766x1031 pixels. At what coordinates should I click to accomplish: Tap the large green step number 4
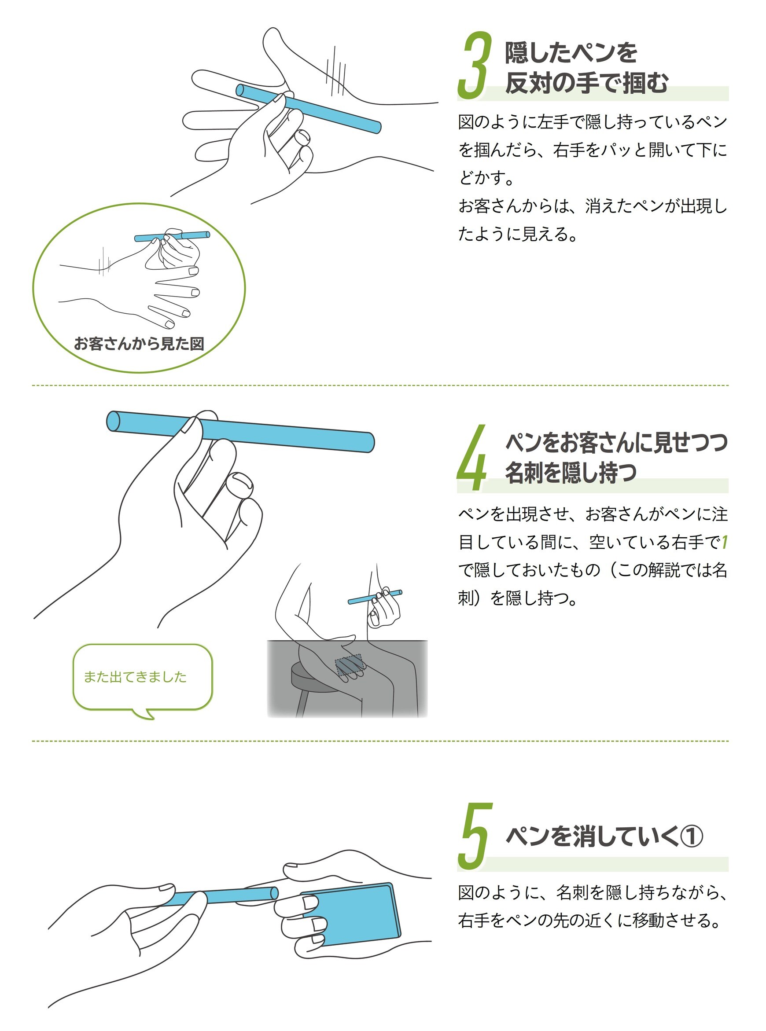pos(472,457)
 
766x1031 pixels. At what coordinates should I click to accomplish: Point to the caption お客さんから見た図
pos(139,344)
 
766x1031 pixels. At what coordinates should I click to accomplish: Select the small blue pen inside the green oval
pos(172,237)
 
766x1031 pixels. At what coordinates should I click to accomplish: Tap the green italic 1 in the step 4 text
pos(724,542)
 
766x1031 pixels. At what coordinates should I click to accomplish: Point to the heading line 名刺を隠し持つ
pos(571,473)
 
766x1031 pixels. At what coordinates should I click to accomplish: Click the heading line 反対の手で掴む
pos(586,84)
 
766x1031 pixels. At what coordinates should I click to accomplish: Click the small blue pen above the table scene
pos(375,597)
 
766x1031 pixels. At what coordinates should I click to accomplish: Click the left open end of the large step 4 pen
pos(113,420)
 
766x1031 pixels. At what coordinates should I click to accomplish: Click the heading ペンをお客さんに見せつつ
pos(616,443)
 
